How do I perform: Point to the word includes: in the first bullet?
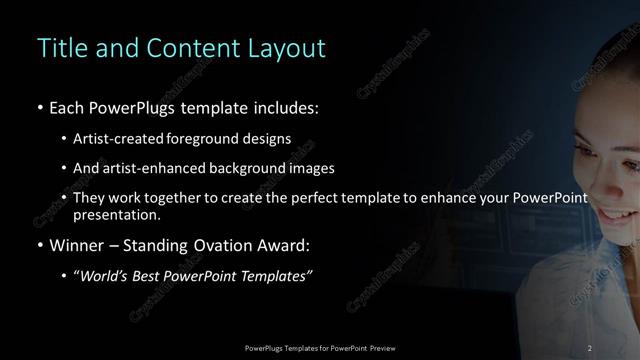click(x=285, y=107)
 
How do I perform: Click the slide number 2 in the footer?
click(x=590, y=347)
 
